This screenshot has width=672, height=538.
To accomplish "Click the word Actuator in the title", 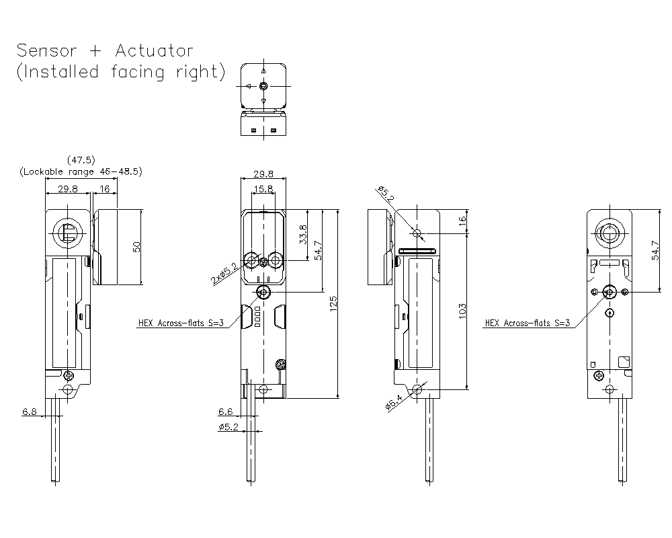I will [x=154, y=50].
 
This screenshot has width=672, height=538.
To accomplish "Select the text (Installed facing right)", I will [x=121, y=72].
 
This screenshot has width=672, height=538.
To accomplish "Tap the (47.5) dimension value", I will [x=81, y=160].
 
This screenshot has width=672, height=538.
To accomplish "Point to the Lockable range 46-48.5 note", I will [x=80, y=171].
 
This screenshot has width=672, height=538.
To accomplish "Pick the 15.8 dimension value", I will [x=264, y=190].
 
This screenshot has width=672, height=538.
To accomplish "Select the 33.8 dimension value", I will [x=304, y=234].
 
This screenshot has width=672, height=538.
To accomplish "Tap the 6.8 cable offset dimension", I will [x=29, y=412].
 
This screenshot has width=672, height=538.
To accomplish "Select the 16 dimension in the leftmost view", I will [x=105, y=190].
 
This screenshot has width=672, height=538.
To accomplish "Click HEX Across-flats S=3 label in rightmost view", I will [x=527, y=323].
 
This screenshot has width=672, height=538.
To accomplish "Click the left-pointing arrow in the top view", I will [x=247, y=86].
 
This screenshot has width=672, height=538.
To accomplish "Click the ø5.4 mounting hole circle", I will [x=417, y=389].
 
